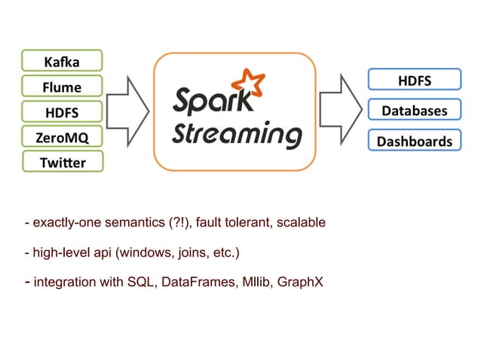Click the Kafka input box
(62, 60)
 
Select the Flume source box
(62, 86)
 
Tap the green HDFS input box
(62, 112)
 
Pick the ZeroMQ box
(62, 137)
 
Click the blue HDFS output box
(414, 80)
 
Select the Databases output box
(414, 111)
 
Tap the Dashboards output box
(414, 141)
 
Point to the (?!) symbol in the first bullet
(179, 223)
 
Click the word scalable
(301, 223)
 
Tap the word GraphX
(302, 283)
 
